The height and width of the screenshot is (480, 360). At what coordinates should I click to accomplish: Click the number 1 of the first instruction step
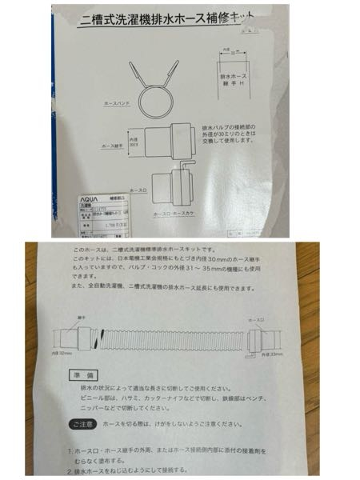tap(68, 452)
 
